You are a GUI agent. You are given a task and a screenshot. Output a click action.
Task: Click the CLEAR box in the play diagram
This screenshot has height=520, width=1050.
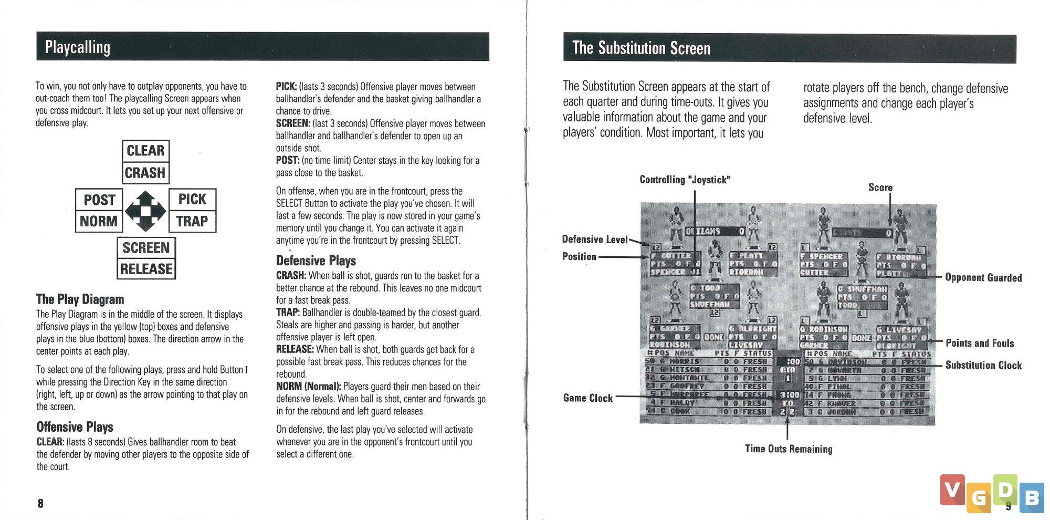pyautogui.click(x=145, y=151)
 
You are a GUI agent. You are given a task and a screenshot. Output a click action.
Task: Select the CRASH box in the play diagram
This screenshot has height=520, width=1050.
pyautogui.click(x=145, y=173)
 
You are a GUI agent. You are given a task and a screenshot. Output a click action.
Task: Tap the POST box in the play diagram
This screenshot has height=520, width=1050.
pyautogui.click(x=99, y=200)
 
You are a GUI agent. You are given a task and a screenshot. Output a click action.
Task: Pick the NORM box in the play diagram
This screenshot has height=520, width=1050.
pyautogui.click(x=99, y=221)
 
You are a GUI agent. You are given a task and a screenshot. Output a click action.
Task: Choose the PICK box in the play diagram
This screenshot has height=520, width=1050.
pyautogui.click(x=192, y=199)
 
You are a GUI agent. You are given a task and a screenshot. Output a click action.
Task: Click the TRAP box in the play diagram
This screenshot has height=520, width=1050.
pyautogui.click(x=192, y=221)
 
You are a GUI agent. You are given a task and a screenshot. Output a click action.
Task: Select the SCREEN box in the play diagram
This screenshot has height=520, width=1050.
pyautogui.click(x=146, y=247)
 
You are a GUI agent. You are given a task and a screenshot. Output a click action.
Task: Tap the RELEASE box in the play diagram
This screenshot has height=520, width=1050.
pyautogui.click(x=146, y=269)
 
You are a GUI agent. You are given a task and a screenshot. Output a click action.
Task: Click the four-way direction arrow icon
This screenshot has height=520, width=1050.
pyautogui.click(x=145, y=211)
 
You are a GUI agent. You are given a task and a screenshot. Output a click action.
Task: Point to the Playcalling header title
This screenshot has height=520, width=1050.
pyautogui.click(x=78, y=47)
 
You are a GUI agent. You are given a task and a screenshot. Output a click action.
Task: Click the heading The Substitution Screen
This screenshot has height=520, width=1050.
pyautogui.click(x=641, y=48)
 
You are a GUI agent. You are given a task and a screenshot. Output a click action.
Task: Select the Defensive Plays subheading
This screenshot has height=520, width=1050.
pyautogui.click(x=316, y=261)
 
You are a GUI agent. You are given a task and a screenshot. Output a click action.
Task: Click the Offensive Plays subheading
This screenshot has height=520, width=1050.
pyautogui.click(x=75, y=427)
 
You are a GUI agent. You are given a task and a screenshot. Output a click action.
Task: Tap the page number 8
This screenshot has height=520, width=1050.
pyautogui.click(x=40, y=503)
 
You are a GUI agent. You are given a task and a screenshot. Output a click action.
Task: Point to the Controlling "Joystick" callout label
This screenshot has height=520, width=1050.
pyautogui.click(x=685, y=180)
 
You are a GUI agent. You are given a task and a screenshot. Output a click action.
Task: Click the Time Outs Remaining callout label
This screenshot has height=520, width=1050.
pyautogui.click(x=788, y=449)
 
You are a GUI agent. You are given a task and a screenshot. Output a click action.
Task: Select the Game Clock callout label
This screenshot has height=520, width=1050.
pyautogui.click(x=587, y=398)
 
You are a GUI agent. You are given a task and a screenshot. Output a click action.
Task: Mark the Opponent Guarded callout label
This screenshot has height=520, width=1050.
pyautogui.click(x=983, y=277)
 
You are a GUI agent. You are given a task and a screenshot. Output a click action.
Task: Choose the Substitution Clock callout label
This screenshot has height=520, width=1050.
pyautogui.click(x=983, y=365)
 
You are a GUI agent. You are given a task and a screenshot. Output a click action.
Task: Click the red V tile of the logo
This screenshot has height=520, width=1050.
pyautogui.click(x=952, y=490)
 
